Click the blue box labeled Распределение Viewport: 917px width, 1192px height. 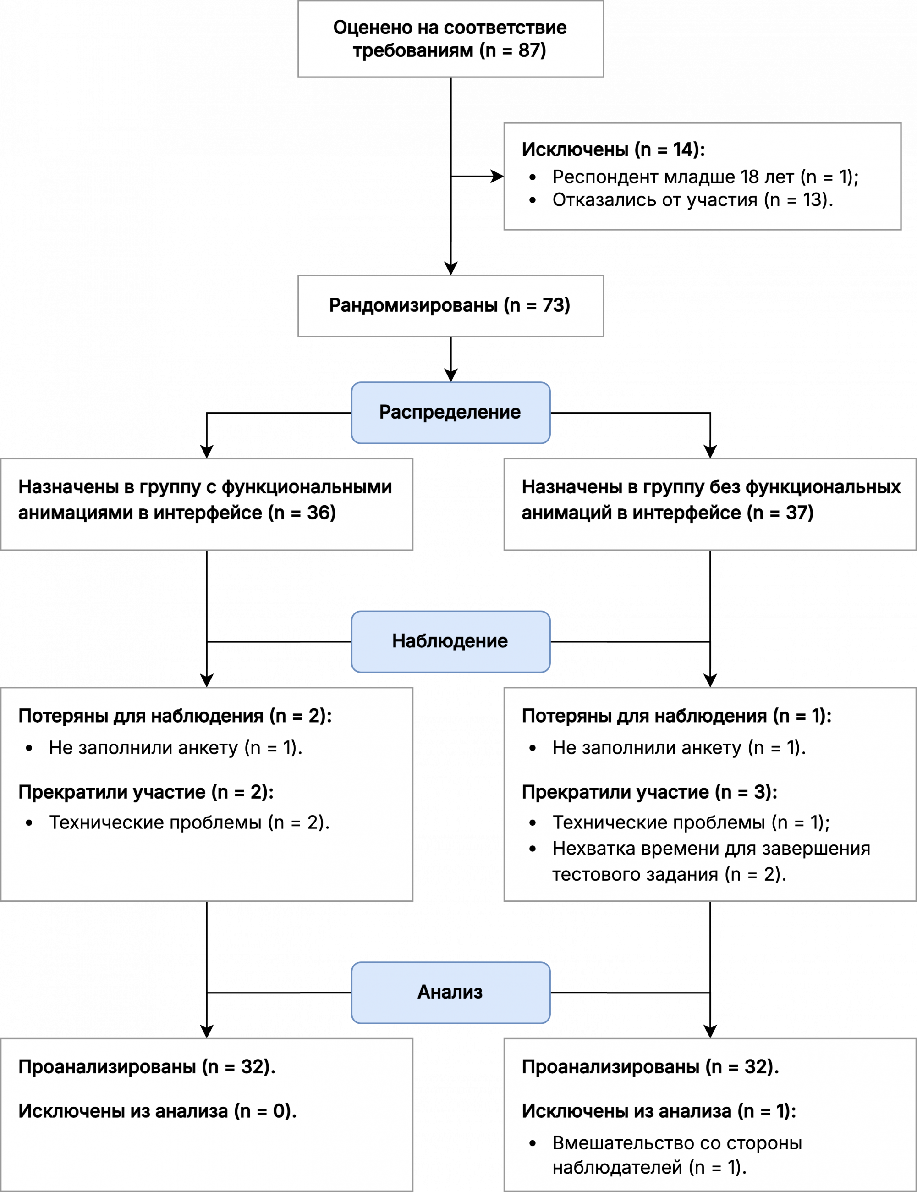[x=450, y=412]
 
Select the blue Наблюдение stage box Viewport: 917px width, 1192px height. [x=450, y=641]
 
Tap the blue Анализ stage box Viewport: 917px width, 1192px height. [x=450, y=992]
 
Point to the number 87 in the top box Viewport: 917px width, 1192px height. [x=528, y=50]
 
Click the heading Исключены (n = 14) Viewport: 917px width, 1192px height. [x=613, y=149]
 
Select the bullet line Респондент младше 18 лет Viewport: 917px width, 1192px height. [x=705, y=177]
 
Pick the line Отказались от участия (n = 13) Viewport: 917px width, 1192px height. [x=692, y=200]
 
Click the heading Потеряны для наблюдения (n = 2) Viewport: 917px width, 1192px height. [x=175, y=716]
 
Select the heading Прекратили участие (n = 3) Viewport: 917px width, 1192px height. [x=649, y=791]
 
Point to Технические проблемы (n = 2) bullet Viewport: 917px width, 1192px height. [x=189, y=822]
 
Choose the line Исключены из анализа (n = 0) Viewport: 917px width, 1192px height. [x=157, y=1111]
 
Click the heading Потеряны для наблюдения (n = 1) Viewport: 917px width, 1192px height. [x=676, y=716]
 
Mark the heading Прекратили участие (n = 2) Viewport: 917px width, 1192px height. [x=146, y=791]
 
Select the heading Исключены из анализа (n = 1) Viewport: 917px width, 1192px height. [x=659, y=1111]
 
